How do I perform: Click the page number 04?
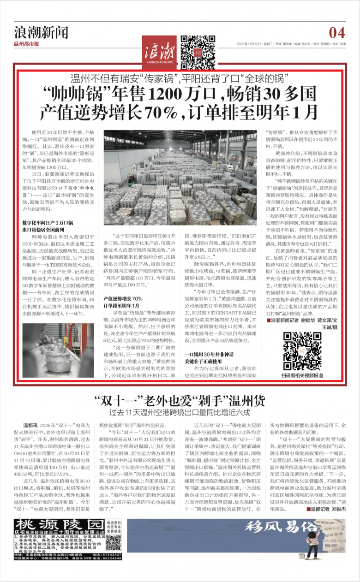pos(337,32)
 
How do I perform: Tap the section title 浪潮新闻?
pos(41,32)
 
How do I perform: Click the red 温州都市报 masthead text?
pos(26,44)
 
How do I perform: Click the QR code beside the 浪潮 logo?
pos(191,48)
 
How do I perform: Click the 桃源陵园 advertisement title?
pos(59,524)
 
